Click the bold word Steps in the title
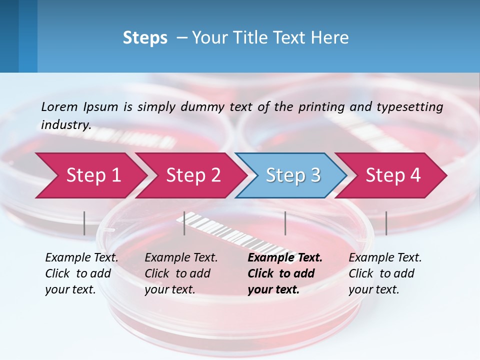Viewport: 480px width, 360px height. tap(145, 38)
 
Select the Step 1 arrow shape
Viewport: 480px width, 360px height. tap(90, 175)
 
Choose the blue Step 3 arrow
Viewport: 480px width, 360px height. tap(292, 175)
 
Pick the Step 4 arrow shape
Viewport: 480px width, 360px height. tap(392, 175)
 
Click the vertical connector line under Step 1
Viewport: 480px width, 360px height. tap(84, 223)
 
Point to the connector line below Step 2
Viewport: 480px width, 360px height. tap(184, 223)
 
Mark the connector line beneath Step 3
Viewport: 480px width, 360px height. tap(285, 223)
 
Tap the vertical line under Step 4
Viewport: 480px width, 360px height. tap(386, 223)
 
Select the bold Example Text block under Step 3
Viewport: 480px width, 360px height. tap(285, 273)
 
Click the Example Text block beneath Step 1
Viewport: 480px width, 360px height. tap(81, 273)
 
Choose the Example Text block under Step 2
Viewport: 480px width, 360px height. tap(181, 273)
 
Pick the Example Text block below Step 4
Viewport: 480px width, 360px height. tap(385, 273)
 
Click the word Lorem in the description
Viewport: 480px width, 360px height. tap(59, 106)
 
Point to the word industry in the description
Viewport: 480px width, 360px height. tap(66, 125)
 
